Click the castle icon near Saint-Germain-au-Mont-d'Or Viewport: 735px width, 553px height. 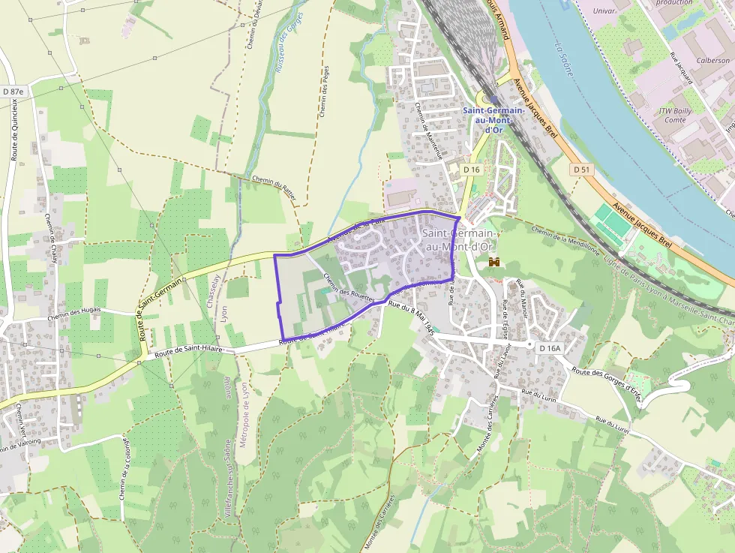pyautogui.click(x=495, y=262)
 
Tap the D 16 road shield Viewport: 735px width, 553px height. pyautogui.click(x=471, y=170)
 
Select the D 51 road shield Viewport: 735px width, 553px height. pyautogui.click(x=581, y=170)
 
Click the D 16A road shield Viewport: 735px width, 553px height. pyautogui.click(x=550, y=347)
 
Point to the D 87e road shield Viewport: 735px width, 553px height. pyautogui.click(x=13, y=92)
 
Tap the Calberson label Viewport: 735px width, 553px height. pyautogui.click(x=712, y=60)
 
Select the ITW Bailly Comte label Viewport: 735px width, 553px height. pyautogui.click(x=675, y=115)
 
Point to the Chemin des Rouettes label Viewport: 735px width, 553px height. pyautogui.click(x=349, y=289)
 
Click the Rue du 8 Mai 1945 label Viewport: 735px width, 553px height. pyautogui.click(x=412, y=317)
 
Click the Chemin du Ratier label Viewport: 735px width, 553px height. pyautogui.click(x=274, y=188)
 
